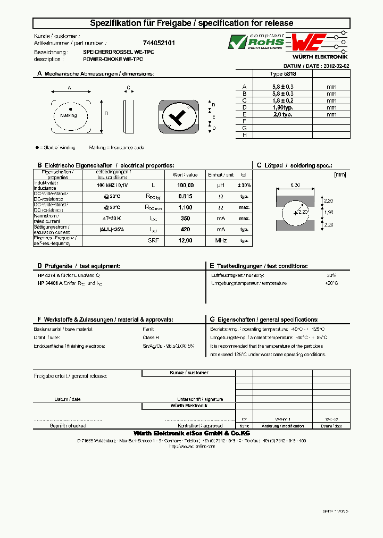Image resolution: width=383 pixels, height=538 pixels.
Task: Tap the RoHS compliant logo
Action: [x=256, y=41]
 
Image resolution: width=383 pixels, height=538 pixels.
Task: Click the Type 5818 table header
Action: [x=283, y=74]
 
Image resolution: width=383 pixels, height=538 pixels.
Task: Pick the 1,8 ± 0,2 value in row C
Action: [x=283, y=100]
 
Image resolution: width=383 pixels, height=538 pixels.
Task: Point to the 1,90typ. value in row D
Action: [x=283, y=107]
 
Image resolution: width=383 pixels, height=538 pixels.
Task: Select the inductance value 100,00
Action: [x=185, y=185]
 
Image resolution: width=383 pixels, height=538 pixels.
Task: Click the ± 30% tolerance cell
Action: [x=244, y=185]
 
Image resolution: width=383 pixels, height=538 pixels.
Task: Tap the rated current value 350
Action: [x=185, y=218]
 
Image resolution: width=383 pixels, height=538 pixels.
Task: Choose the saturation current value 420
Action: [x=185, y=230]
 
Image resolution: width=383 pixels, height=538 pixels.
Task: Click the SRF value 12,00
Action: [x=185, y=241]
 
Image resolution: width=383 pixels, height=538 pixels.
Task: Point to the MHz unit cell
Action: [x=221, y=241]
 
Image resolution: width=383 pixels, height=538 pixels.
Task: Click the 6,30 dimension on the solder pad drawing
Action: [x=295, y=185]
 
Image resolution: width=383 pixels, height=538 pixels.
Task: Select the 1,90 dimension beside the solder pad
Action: [x=328, y=213]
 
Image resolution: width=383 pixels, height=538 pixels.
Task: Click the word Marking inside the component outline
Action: [x=69, y=115]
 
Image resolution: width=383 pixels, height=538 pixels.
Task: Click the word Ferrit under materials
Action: [x=149, y=330]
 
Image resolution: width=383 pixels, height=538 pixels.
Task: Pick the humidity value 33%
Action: [x=331, y=275]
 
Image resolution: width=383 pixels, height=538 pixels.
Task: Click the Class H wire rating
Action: [x=151, y=338]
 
